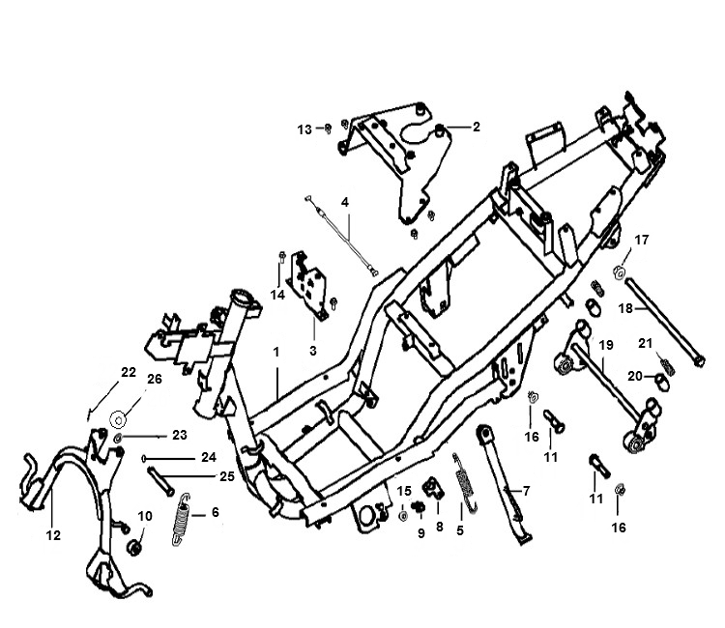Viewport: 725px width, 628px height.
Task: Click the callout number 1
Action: coord(276,352)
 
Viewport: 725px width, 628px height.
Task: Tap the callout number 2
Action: coord(477,127)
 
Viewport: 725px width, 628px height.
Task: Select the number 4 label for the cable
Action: coord(345,202)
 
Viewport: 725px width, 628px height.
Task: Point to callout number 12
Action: coord(53,535)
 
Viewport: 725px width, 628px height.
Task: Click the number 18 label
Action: coord(625,308)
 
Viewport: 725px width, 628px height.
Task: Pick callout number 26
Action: coord(155,379)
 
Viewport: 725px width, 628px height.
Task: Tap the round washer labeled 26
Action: coord(118,420)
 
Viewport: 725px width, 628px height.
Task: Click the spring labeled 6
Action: coord(182,520)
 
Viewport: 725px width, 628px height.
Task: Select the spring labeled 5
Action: coord(465,482)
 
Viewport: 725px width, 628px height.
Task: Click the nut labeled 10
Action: coord(134,548)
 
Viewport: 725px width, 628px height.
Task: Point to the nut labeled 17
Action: coord(619,272)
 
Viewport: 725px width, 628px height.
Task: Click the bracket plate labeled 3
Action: coord(307,285)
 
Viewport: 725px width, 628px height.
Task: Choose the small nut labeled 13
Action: coord(328,128)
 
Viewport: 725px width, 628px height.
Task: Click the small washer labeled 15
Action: coord(403,516)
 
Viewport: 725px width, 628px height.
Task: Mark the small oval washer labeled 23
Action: coord(118,438)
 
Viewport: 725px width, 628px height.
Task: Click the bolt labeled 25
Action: coord(160,481)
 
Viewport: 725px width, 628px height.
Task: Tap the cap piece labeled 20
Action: coord(662,383)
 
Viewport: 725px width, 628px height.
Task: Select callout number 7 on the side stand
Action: coord(526,490)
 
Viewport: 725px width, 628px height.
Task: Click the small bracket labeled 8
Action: coord(434,488)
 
